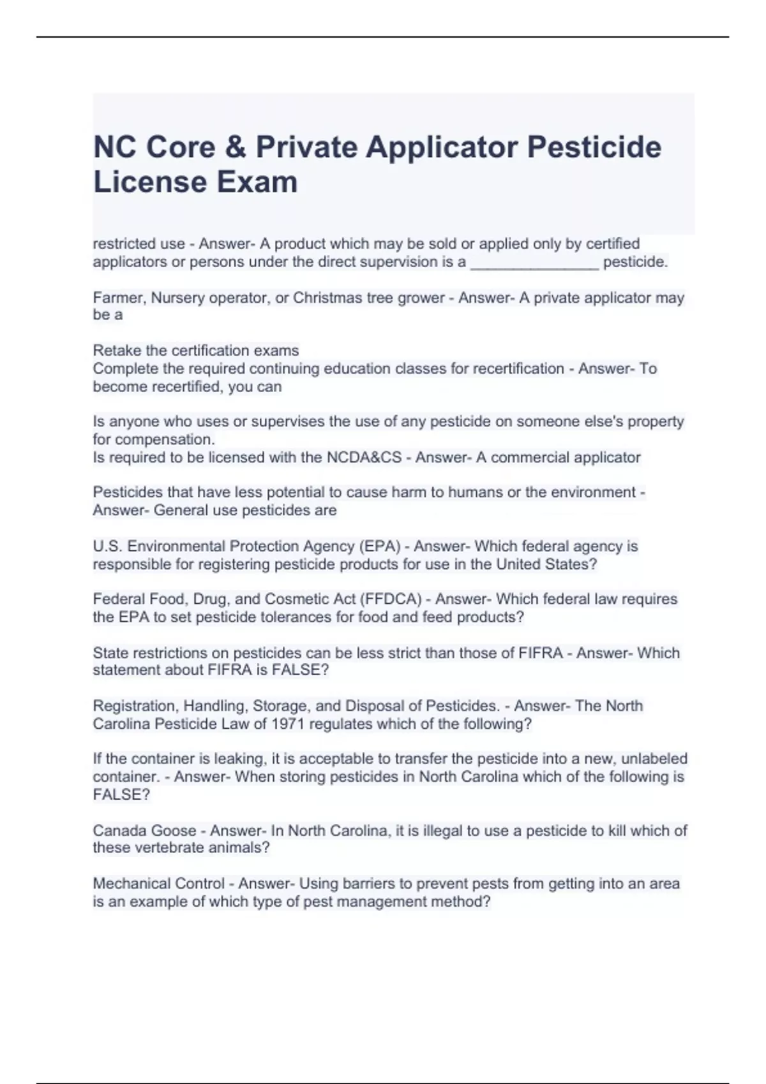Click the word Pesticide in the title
click(594, 147)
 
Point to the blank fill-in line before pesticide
click(534, 264)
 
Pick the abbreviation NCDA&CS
click(364, 457)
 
